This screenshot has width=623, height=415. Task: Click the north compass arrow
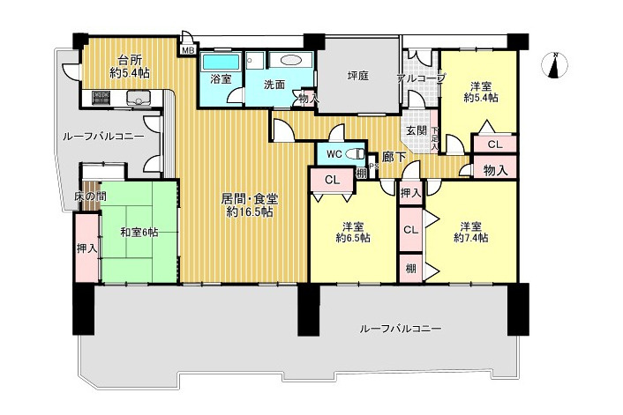coord(555,67)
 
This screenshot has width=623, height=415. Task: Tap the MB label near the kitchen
coord(187,50)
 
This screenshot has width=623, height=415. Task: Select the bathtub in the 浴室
coord(218,63)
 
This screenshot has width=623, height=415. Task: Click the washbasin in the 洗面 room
coord(289,61)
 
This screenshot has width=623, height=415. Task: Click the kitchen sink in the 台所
coord(139,98)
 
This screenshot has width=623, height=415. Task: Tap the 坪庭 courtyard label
coord(357,77)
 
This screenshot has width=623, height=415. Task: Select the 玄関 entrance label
coord(416,131)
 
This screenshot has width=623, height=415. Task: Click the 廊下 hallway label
coord(394,159)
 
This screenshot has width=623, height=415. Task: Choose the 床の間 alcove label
coord(89,196)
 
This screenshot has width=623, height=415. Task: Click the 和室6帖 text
coord(139,232)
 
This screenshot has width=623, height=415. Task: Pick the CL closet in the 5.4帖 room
coord(494,145)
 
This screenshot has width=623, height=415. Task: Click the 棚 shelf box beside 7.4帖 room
coord(411,267)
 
